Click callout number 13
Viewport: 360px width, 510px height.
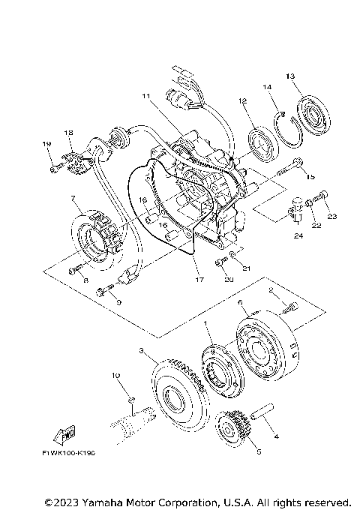(x=291, y=76)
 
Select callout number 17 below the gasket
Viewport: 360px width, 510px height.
(x=199, y=280)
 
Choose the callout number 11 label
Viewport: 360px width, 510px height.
(x=146, y=96)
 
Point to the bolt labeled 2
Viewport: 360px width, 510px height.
(x=289, y=304)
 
